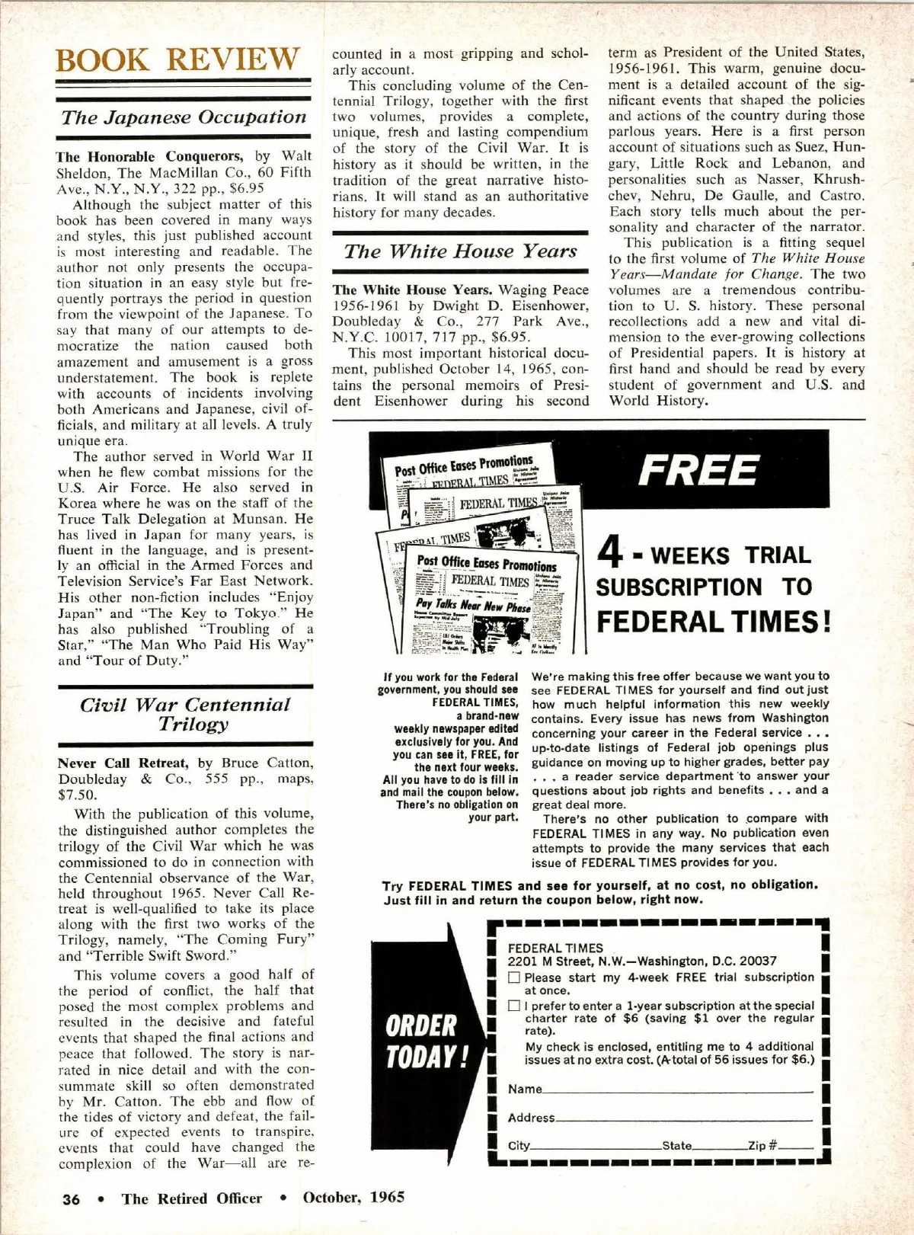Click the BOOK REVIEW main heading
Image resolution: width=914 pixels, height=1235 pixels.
[178, 59]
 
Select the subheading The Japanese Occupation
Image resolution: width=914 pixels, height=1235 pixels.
[184, 117]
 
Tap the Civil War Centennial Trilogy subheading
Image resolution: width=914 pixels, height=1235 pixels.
[185, 714]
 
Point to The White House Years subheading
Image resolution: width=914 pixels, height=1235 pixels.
[460, 251]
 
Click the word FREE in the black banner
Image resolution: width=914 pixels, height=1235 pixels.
[698, 470]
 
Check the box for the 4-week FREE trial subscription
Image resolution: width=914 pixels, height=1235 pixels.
[515, 977]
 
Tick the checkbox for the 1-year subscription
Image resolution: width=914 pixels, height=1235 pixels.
[515, 1006]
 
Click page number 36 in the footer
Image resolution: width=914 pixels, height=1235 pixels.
[71, 1199]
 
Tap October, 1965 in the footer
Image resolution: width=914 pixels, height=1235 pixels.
[353, 1197]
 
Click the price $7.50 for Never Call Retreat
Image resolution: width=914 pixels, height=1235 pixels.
[73, 795]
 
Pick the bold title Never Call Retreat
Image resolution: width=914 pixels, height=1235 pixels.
[123, 763]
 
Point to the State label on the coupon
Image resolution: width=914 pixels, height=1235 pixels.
[676, 1146]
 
